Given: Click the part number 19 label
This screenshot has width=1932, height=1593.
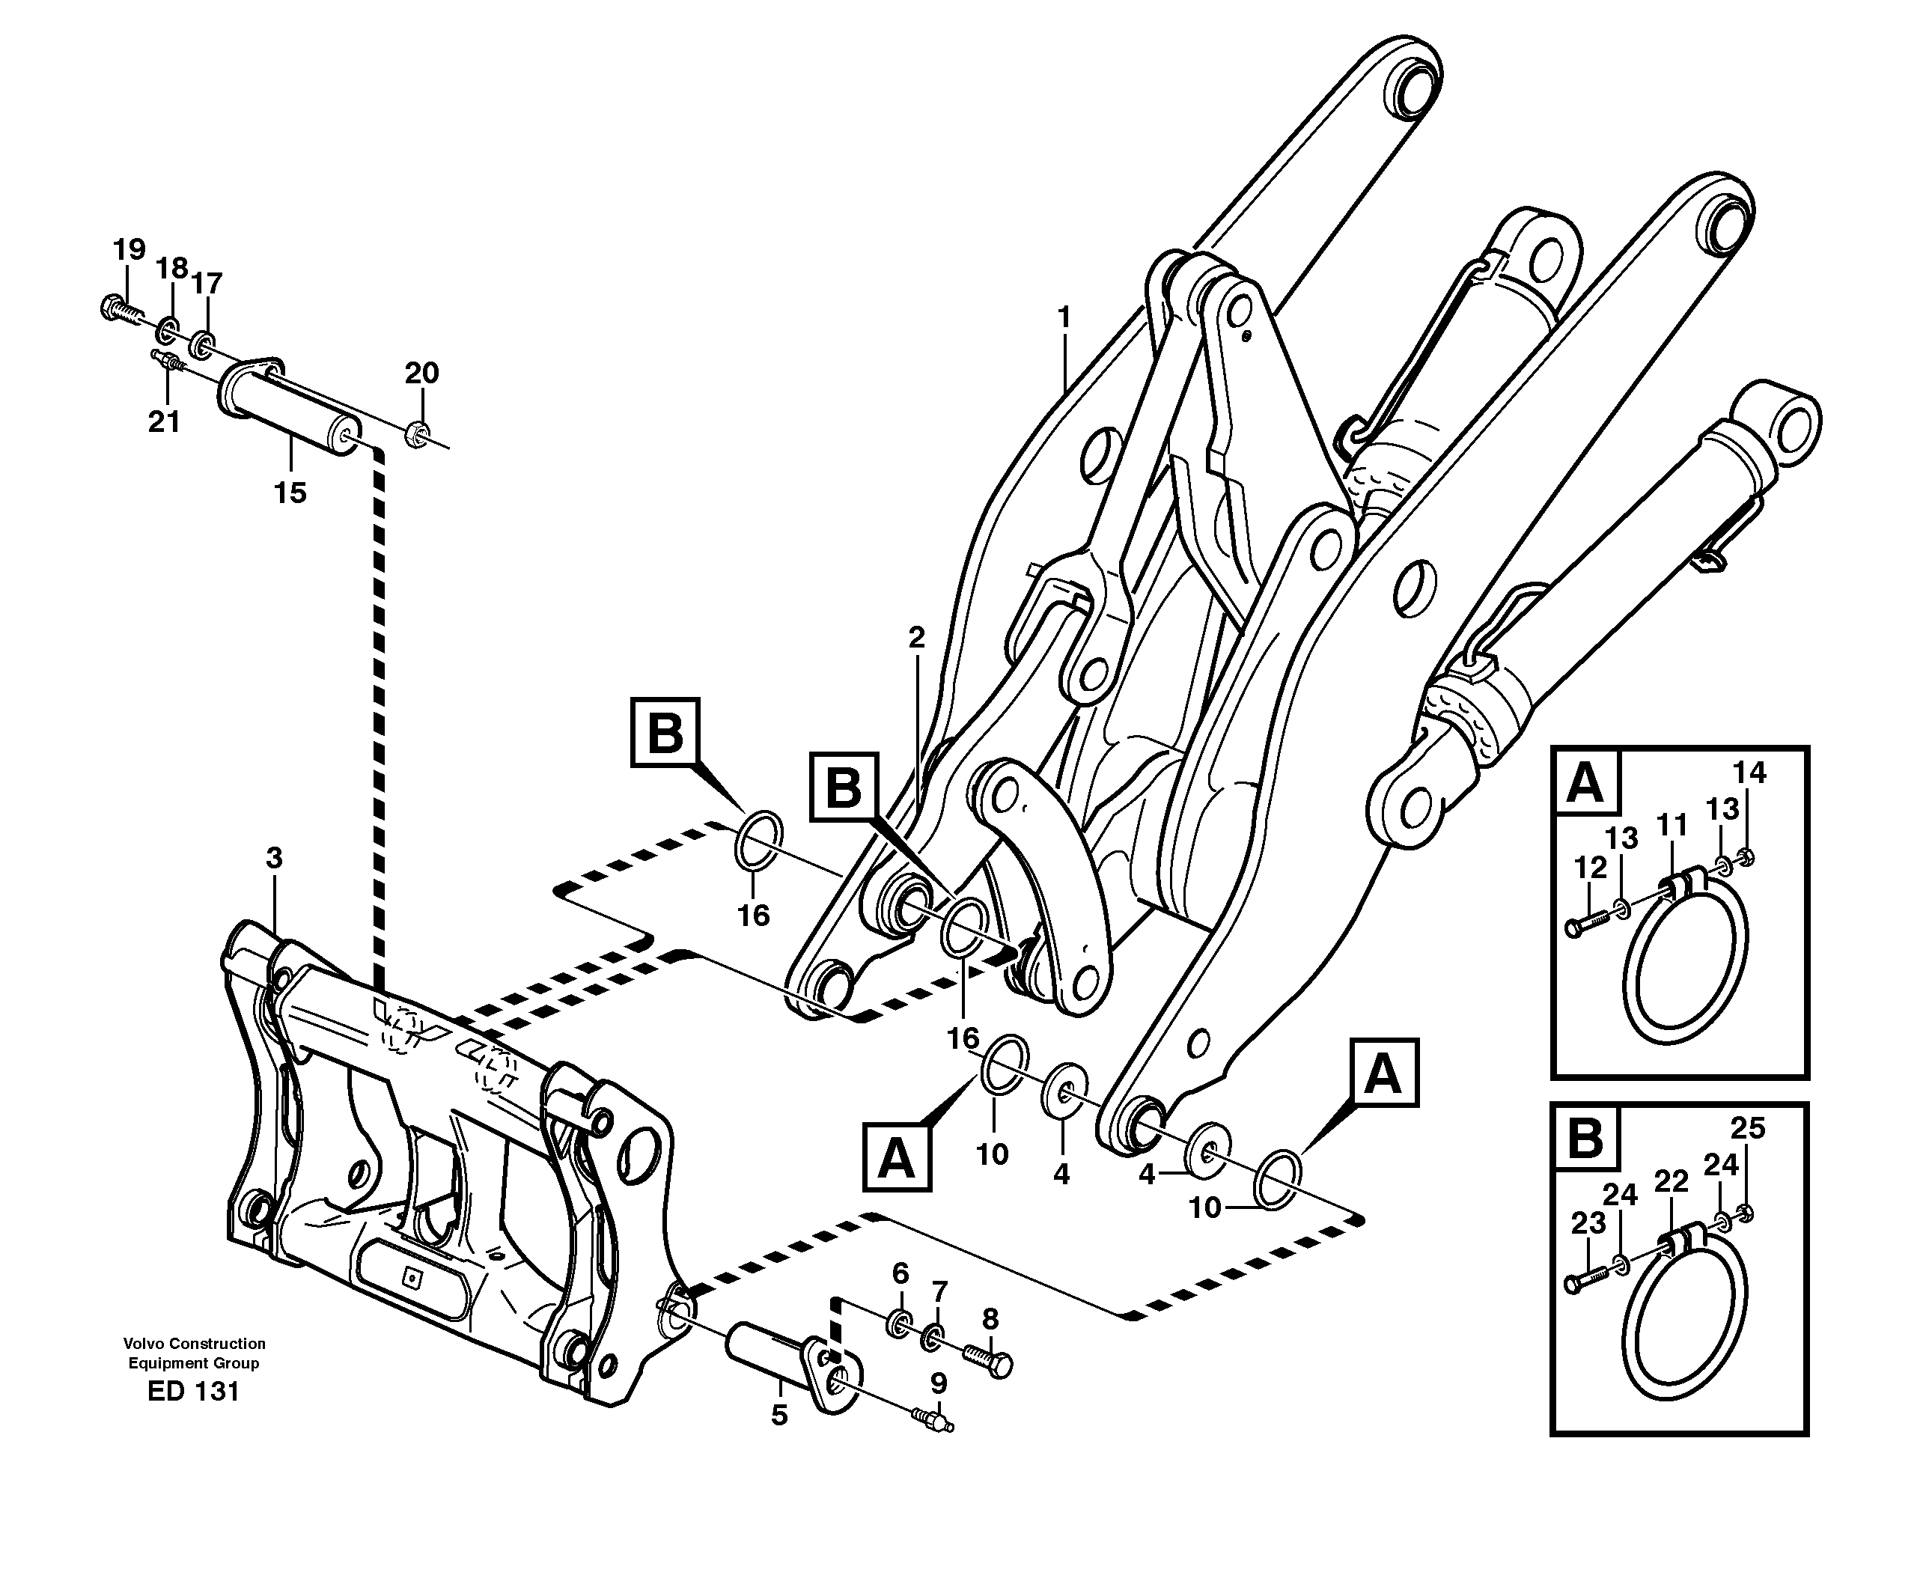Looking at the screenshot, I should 129,249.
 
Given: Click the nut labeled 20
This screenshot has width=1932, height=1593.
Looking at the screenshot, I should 415,432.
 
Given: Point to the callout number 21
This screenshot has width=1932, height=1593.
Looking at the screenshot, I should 164,421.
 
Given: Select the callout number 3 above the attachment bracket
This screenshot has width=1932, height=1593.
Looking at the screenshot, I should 273,859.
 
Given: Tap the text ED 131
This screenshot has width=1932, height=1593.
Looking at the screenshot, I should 192,1391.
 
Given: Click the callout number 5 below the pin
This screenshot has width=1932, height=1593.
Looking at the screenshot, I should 778,1415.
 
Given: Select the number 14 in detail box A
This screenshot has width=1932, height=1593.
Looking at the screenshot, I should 1749,773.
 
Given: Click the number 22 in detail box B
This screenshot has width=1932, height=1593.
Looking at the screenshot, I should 1671,1182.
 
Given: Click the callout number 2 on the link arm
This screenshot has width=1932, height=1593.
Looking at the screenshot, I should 916,638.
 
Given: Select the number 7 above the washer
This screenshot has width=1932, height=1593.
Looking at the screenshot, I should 939,1292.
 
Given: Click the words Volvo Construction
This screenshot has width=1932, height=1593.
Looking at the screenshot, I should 195,1344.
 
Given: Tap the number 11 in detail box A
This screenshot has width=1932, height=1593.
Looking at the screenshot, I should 1672,826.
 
